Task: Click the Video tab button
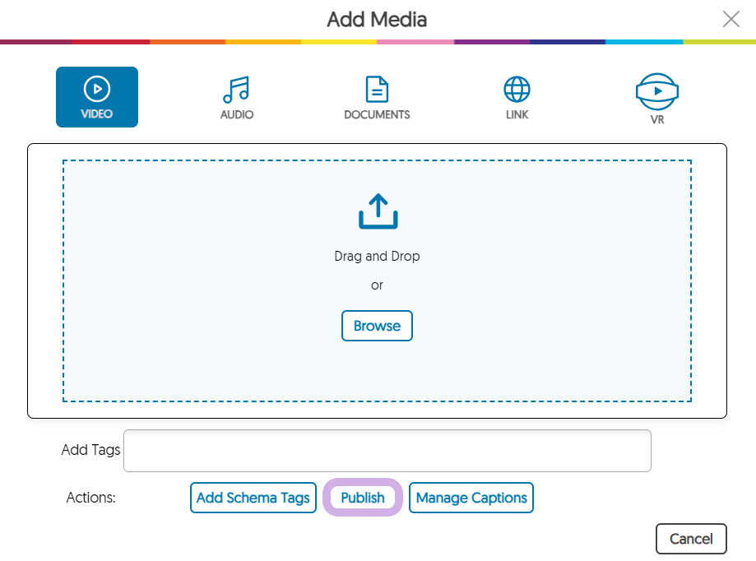[x=97, y=97]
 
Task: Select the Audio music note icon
[x=236, y=90]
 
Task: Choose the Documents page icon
[x=377, y=89]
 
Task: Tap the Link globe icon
[x=517, y=89]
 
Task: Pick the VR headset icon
[x=657, y=91]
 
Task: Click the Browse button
[x=377, y=326]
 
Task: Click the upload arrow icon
[x=378, y=211]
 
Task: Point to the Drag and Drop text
[x=377, y=256]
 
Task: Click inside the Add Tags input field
[x=387, y=451]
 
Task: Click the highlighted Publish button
[x=363, y=498]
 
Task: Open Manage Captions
[x=471, y=498]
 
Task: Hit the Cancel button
[x=691, y=539]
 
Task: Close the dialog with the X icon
[x=731, y=19]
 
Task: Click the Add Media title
[x=377, y=20]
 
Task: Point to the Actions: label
[x=90, y=498]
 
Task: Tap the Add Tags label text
[x=90, y=450]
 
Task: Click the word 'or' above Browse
[x=377, y=285]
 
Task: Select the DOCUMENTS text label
[x=377, y=114]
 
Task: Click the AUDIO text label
[x=237, y=114]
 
